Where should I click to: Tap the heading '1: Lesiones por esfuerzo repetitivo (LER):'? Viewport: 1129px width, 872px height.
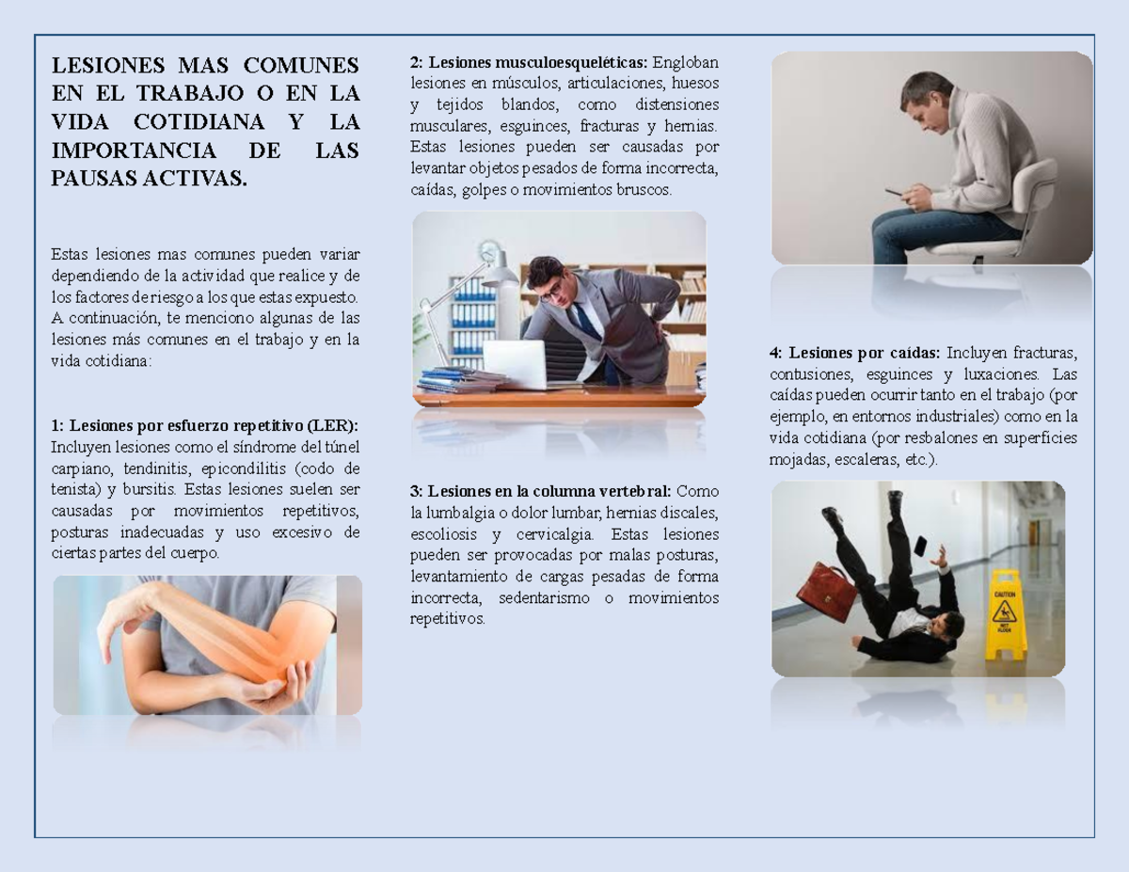click(204, 425)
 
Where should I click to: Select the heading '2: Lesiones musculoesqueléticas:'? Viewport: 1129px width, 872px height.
click(528, 63)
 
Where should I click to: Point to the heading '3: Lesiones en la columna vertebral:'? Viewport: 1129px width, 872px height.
click(541, 491)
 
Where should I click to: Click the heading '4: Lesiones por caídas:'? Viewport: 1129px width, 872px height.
click(854, 353)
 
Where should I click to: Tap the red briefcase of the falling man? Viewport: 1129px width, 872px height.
click(826, 591)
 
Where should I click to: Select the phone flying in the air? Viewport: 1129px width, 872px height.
click(919, 546)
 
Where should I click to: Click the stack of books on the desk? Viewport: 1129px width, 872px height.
click(460, 380)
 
